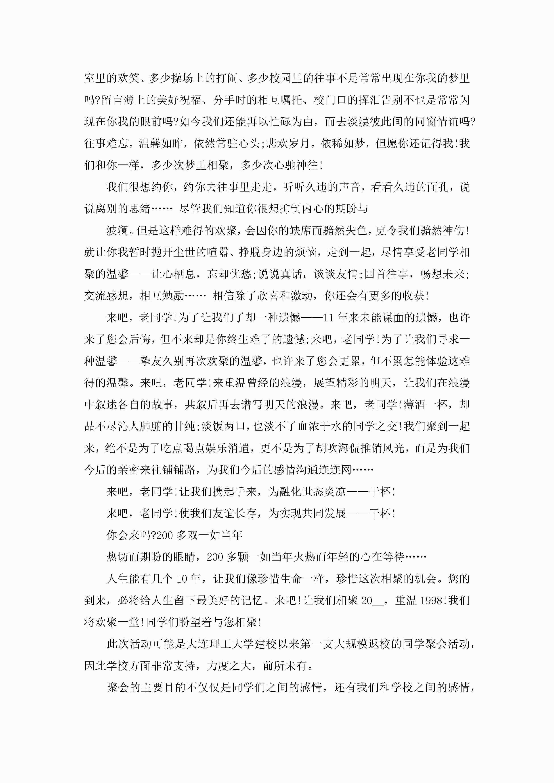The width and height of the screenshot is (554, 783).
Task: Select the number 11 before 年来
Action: tap(328, 318)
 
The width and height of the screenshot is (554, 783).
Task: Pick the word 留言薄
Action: tap(118, 100)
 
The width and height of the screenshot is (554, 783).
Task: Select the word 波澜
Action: tap(118, 231)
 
